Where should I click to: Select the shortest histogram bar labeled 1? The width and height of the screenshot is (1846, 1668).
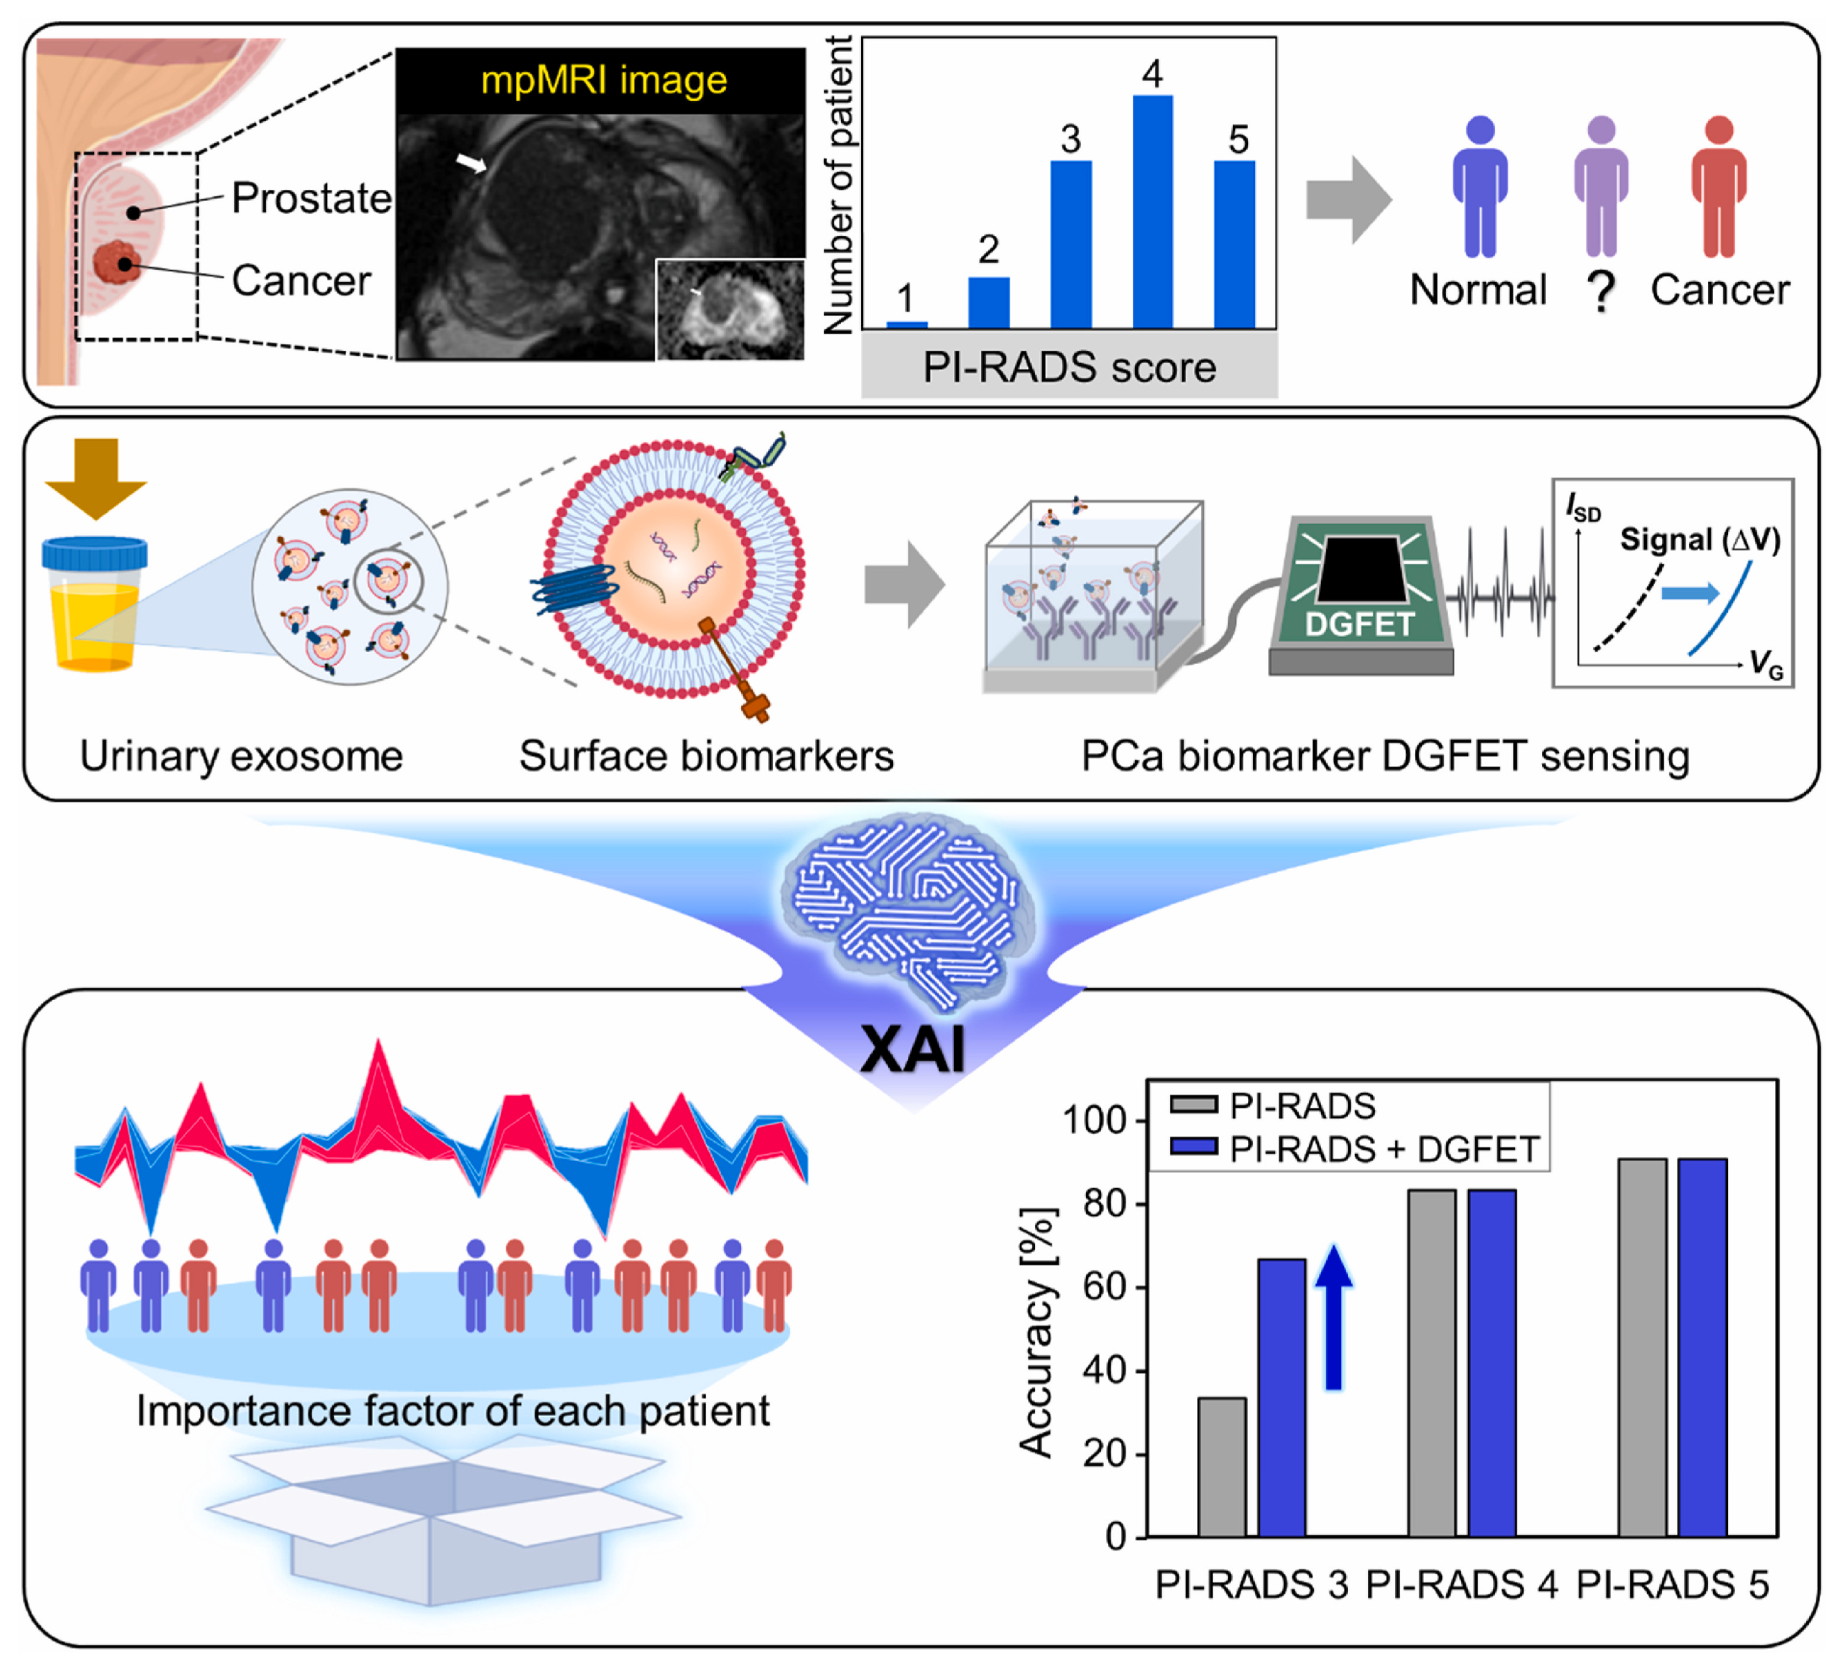coord(907,324)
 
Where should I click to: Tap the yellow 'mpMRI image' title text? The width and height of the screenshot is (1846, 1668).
coord(604,81)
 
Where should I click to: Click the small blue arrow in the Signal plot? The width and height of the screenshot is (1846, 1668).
coord(1689,593)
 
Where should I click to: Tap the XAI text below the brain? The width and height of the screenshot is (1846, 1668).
coord(913,1049)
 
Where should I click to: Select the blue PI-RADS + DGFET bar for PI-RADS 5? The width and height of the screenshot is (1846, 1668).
coord(1702,1348)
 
